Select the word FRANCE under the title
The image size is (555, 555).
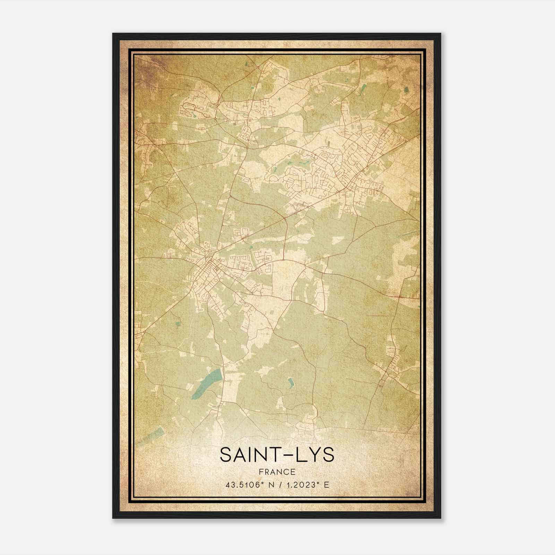pos(277,472)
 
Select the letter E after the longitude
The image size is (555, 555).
pos(326,485)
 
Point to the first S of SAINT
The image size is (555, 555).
pos(225,455)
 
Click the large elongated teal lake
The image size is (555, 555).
pos(207,383)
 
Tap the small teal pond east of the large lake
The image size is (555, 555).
pos(290,383)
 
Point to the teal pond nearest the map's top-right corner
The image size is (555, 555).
pos(406,90)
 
